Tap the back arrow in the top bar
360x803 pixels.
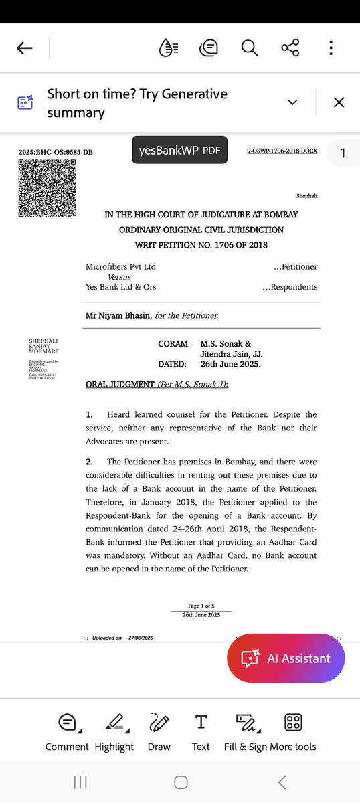pyautogui.click(x=25, y=48)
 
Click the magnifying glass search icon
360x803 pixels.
pyautogui.click(x=250, y=48)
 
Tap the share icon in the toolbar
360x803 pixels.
pyautogui.click(x=290, y=48)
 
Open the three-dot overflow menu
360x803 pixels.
pyautogui.click(x=331, y=48)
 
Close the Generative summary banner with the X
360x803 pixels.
pyautogui.click(x=339, y=102)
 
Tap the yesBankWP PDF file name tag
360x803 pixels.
pyautogui.click(x=180, y=151)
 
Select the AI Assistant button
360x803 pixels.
pyautogui.click(x=286, y=658)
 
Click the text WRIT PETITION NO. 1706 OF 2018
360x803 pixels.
pyautogui.click(x=201, y=245)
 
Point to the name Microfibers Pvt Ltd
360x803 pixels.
pyautogui.click(x=120, y=266)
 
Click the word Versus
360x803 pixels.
pyautogui.click(x=119, y=276)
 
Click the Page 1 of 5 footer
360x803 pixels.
pyautogui.click(x=201, y=605)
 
